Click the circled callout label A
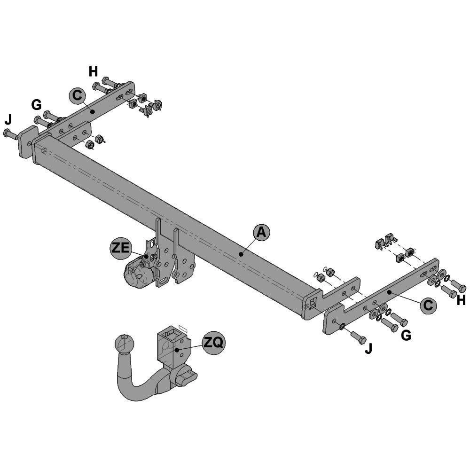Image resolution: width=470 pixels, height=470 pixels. point(261,232)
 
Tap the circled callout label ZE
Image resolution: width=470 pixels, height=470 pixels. point(120,248)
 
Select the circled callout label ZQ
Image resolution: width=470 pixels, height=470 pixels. point(214,343)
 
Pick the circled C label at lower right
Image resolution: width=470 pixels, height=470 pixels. point(427,305)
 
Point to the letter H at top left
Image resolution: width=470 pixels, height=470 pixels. point(93,71)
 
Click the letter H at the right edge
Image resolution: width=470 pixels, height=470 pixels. point(461,301)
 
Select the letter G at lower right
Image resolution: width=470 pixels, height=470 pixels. point(406,335)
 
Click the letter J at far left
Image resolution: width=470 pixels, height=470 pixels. point(8,118)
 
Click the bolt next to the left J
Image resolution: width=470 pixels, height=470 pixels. point(10,134)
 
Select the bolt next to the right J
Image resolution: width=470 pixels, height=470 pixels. point(357,337)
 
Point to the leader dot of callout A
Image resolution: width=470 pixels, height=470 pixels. point(241,254)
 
